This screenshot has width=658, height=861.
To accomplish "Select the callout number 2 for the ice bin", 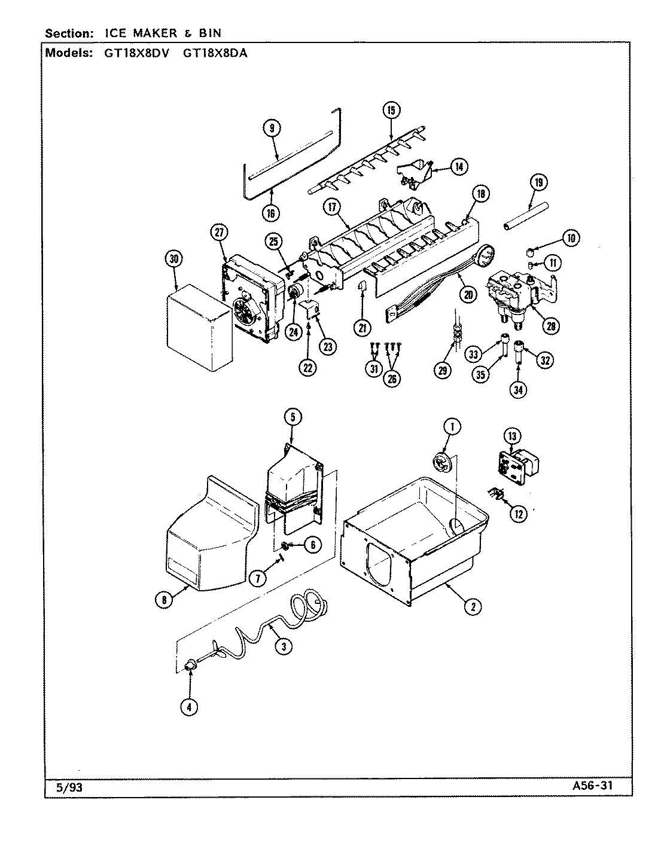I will (472, 607).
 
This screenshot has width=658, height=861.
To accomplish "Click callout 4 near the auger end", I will (189, 707).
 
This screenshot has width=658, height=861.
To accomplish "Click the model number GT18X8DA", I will (215, 52).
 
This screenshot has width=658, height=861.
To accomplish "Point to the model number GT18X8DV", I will (144, 52).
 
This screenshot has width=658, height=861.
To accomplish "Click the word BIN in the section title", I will (209, 33).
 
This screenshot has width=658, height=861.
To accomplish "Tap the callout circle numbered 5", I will (293, 417).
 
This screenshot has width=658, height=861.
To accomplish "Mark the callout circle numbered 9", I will (272, 128).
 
